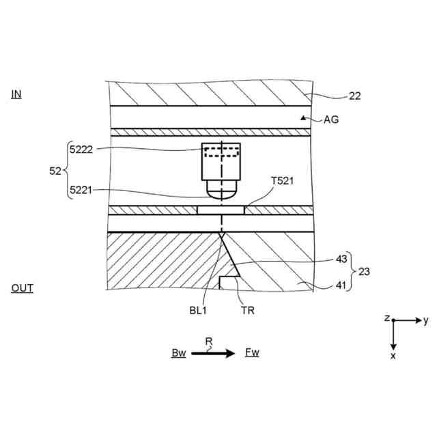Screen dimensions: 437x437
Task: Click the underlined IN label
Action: pos(16,94)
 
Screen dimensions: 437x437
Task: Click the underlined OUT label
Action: pos(22,288)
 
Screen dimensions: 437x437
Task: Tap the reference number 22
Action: pos(354,96)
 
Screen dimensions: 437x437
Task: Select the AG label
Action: pos(330,119)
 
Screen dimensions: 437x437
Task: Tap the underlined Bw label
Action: pos(179,353)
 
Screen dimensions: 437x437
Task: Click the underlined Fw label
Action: pos(252,353)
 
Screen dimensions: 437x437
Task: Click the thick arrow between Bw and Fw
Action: pos(214,353)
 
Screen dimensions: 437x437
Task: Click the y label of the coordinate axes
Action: pos(425,320)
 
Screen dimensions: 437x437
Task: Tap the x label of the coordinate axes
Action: pos(393,356)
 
